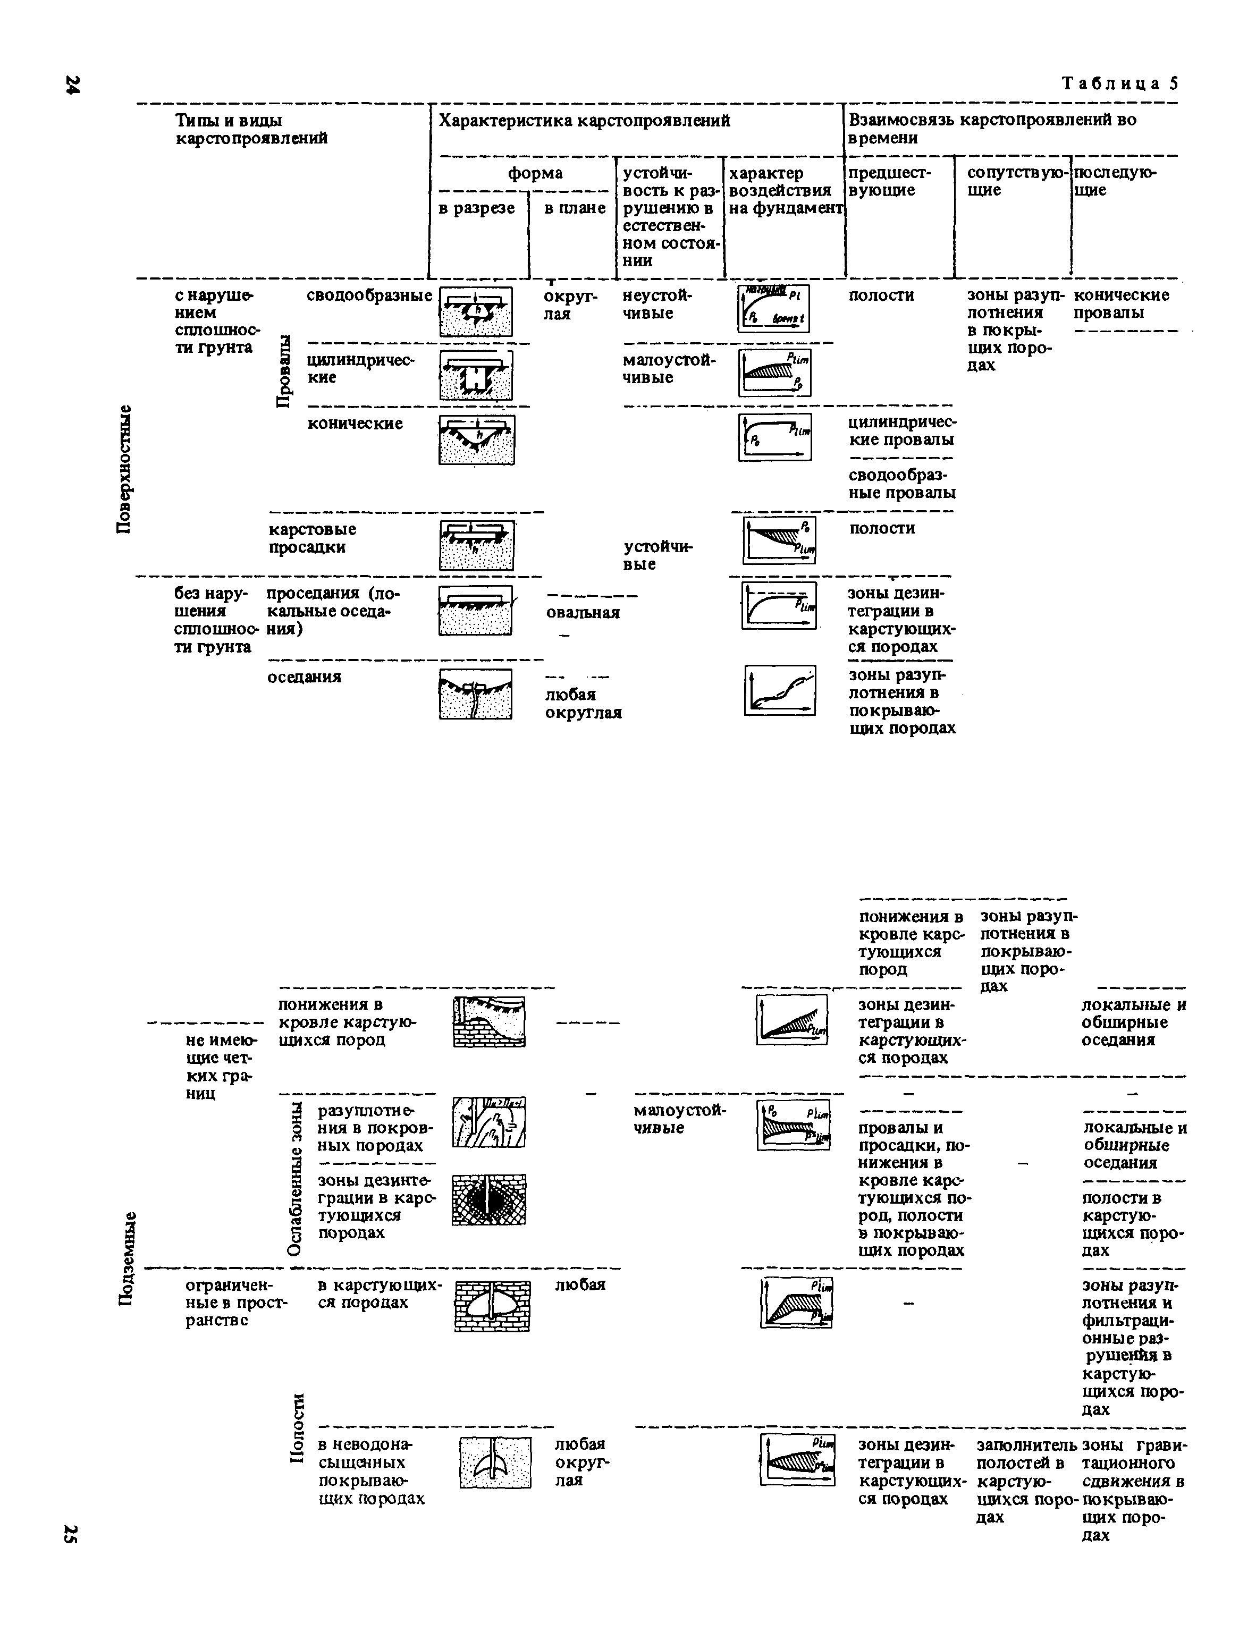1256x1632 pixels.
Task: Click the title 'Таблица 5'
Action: pyautogui.click(x=1120, y=83)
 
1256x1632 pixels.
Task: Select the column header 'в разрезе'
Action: pyautogui.click(x=476, y=208)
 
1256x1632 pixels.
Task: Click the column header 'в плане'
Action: pyautogui.click(x=574, y=208)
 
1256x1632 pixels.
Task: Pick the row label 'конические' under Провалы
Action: pyautogui.click(x=355, y=424)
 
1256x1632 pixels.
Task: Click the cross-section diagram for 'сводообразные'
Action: pyautogui.click(x=476, y=311)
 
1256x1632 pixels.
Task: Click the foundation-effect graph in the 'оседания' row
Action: pyautogui.click(x=780, y=690)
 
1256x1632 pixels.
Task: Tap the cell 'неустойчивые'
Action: pyautogui.click(x=658, y=304)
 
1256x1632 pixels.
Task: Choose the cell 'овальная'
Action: pyautogui.click(x=583, y=613)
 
